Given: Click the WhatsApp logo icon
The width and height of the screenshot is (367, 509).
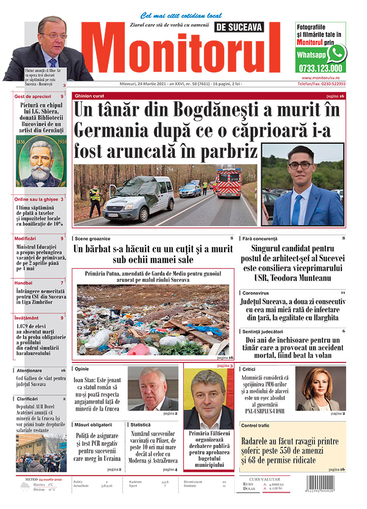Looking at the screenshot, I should pyautogui.click(x=336, y=53).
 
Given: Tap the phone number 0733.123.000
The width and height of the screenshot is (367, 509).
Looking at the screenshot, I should pyautogui.click(x=321, y=68).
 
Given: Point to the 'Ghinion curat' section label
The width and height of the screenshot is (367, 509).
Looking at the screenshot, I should pyautogui.click(x=90, y=96).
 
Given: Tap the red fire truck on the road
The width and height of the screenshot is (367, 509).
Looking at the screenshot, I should pyautogui.click(x=228, y=183).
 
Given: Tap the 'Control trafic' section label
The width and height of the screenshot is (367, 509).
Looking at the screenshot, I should pyautogui.click(x=259, y=425).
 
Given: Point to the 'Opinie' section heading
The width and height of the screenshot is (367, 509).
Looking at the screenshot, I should pyautogui.click(x=83, y=368).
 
